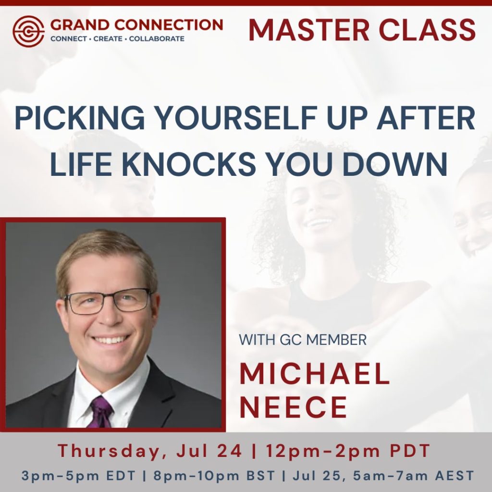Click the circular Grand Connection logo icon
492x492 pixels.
coord(28,31)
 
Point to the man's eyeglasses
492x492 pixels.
coord(108,301)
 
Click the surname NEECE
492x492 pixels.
coord(293,407)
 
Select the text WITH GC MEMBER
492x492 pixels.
coord(303,340)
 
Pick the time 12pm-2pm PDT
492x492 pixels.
coord(345,451)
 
